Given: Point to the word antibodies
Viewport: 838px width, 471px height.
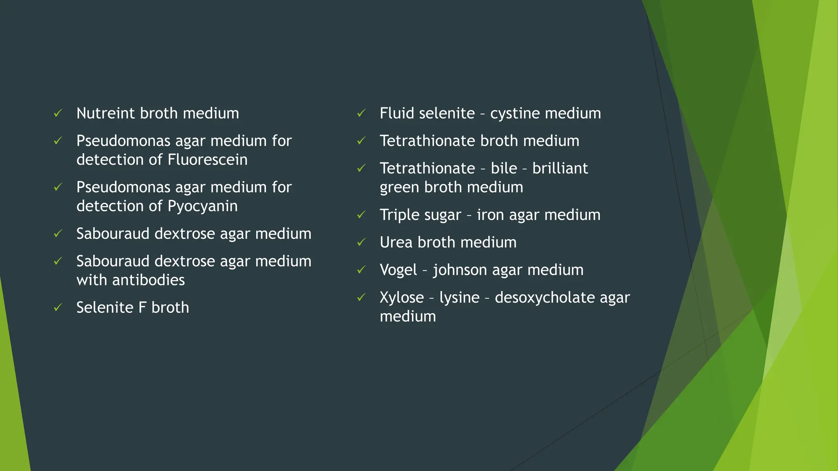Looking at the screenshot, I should pyautogui.click(x=148, y=280).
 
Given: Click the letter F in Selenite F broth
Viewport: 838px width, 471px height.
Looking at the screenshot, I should pyautogui.click(x=142, y=307).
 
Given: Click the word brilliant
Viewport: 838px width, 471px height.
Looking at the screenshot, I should pyautogui.click(x=560, y=168).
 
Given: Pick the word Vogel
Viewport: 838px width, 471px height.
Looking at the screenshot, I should pyautogui.click(x=399, y=270).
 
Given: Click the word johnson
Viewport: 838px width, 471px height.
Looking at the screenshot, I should pyautogui.click(x=460, y=270).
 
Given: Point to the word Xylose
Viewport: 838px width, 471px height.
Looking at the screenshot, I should pyautogui.click(x=401, y=298).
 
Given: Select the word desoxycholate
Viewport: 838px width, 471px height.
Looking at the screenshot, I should pyautogui.click(x=545, y=298).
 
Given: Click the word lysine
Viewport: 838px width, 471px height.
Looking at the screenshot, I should pyautogui.click(x=459, y=298).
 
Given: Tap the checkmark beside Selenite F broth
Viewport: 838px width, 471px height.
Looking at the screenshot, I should pyautogui.click(x=58, y=307).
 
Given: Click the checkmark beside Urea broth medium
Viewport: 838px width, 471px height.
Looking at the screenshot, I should pyautogui.click(x=361, y=242).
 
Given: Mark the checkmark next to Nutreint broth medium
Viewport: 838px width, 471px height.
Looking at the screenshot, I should pyautogui.click(x=58, y=113).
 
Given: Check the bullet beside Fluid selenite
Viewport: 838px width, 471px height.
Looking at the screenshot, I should pyautogui.click(x=361, y=113).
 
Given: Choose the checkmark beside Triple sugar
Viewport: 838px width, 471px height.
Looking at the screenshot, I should pyautogui.click(x=361, y=215).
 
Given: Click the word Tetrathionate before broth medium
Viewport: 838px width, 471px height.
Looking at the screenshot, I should pyautogui.click(x=427, y=141).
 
